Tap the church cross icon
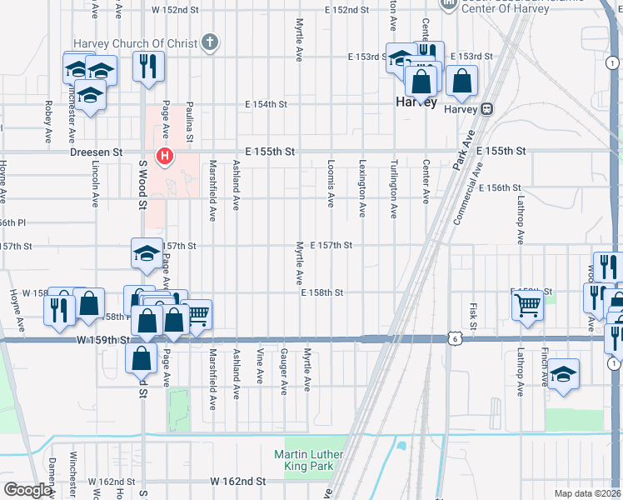210,42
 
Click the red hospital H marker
166,155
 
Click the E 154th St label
266,104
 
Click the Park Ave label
466,151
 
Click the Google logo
28,490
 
